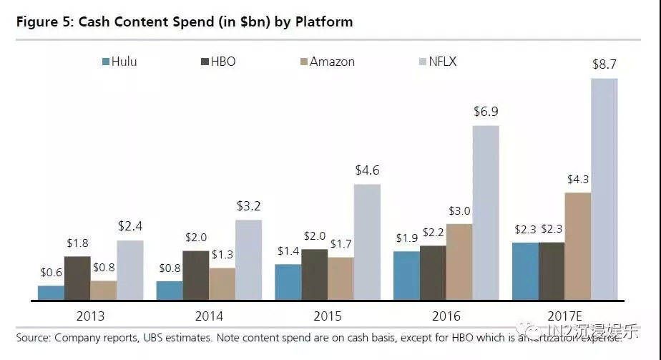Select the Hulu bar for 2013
pyautogui.click(x=51, y=293)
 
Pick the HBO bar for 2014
pyautogui.click(x=195, y=276)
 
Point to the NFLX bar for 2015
pyautogui.click(x=367, y=243)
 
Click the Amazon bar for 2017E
pyautogui.click(x=578, y=247)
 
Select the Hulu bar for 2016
pyautogui.click(x=406, y=276)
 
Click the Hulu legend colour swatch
pyautogui.click(x=106, y=62)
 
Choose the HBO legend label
pyautogui.click(x=222, y=62)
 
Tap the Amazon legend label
pyautogui.click(x=332, y=62)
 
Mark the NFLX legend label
pyautogui.click(x=443, y=62)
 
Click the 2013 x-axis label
pyautogui.click(x=90, y=316)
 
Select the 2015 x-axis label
pyautogui.click(x=328, y=316)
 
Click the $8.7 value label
pyautogui.click(x=604, y=64)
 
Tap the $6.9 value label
pyautogui.click(x=486, y=112)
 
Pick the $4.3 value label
pyautogui.click(x=578, y=179)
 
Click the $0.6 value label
pyautogui.click(x=51, y=272)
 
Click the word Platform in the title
pyautogui.click(x=320, y=21)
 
